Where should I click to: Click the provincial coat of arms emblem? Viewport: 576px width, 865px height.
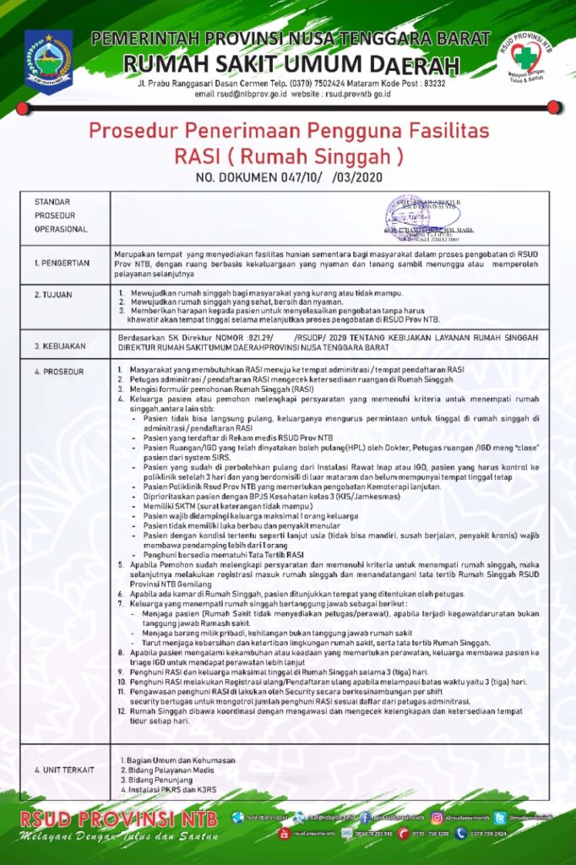pos(48,61)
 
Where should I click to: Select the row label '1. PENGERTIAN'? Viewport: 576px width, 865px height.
pos(62,263)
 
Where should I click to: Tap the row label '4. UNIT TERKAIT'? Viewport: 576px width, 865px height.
pos(64,770)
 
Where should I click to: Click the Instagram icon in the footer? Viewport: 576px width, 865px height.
pos(437,817)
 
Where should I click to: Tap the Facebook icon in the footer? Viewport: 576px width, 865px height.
pos(365,817)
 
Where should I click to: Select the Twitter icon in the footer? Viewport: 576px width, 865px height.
pos(500,817)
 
